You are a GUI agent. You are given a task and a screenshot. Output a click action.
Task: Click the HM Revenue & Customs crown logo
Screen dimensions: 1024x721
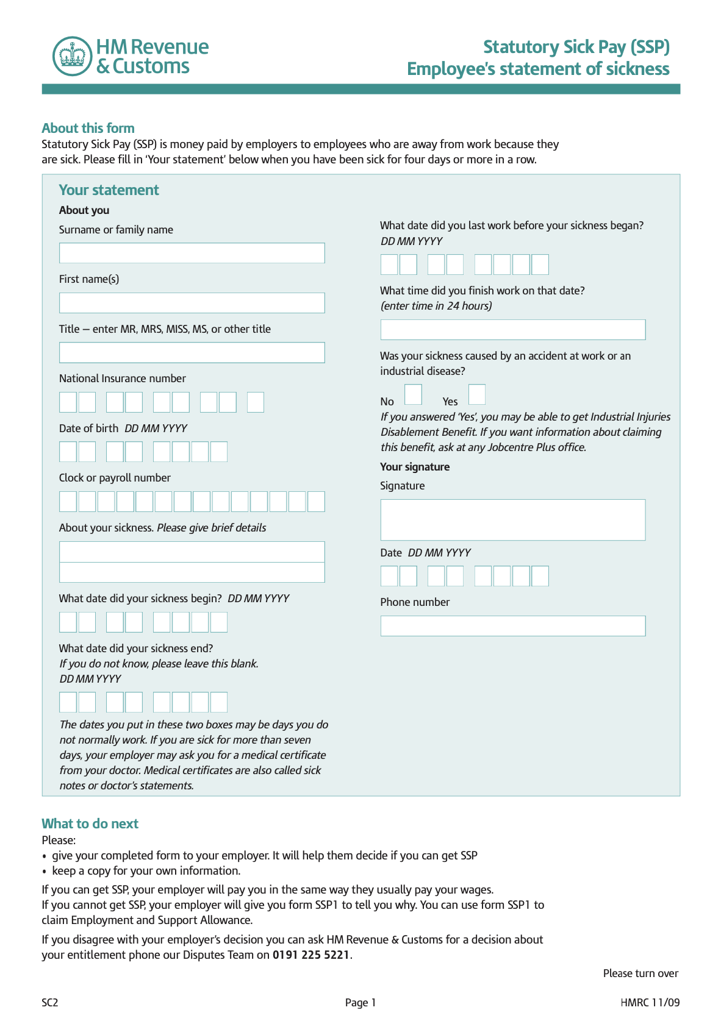[x=73, y=56]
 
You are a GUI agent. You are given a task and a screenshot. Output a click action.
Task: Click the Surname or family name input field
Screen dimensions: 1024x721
[x=192, y=253]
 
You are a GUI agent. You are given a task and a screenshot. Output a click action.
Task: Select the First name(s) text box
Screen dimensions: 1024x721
[x=192, y=303]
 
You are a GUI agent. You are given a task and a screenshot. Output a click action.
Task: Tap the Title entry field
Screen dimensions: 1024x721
[x=192, y=352]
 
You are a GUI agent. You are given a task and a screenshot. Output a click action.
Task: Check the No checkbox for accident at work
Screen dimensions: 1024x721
[x=413, y=394]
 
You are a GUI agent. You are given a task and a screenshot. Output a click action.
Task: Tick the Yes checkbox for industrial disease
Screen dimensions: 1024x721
[x=477, y=394]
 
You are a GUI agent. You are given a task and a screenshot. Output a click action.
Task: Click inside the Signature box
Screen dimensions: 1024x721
[x=512, y=520]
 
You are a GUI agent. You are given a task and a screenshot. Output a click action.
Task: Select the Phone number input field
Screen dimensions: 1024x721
[x=512, y=626]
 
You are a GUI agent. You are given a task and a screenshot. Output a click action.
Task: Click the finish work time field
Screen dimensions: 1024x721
[x=512, y=330]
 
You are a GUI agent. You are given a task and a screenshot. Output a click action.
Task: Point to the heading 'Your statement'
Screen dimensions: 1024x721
[x=109, y=190]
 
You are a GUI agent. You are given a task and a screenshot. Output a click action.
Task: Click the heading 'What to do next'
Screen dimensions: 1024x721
[x=90, y=823]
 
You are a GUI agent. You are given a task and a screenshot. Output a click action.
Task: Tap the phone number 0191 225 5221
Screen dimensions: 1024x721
[x=311, y=955]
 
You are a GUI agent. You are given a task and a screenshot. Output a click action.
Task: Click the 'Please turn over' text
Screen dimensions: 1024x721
[x=640, y=973]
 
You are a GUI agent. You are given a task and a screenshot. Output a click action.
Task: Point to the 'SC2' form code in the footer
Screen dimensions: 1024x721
[x=50, y=1003]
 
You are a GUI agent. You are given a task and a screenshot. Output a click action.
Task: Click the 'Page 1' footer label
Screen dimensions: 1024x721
[x=360, y=1003]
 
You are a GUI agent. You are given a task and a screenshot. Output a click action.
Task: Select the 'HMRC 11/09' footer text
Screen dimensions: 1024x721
[x=650, y=1003]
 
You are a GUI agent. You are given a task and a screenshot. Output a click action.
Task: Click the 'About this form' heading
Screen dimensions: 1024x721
[x=88, y=128]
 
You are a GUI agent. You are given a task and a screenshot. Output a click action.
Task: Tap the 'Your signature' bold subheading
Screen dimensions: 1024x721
[x=415, y=467]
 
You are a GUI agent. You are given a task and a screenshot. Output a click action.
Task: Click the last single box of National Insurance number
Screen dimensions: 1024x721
[x=256, y=402]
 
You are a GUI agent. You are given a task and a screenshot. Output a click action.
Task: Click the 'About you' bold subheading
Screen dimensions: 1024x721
[x=84, y=210]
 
